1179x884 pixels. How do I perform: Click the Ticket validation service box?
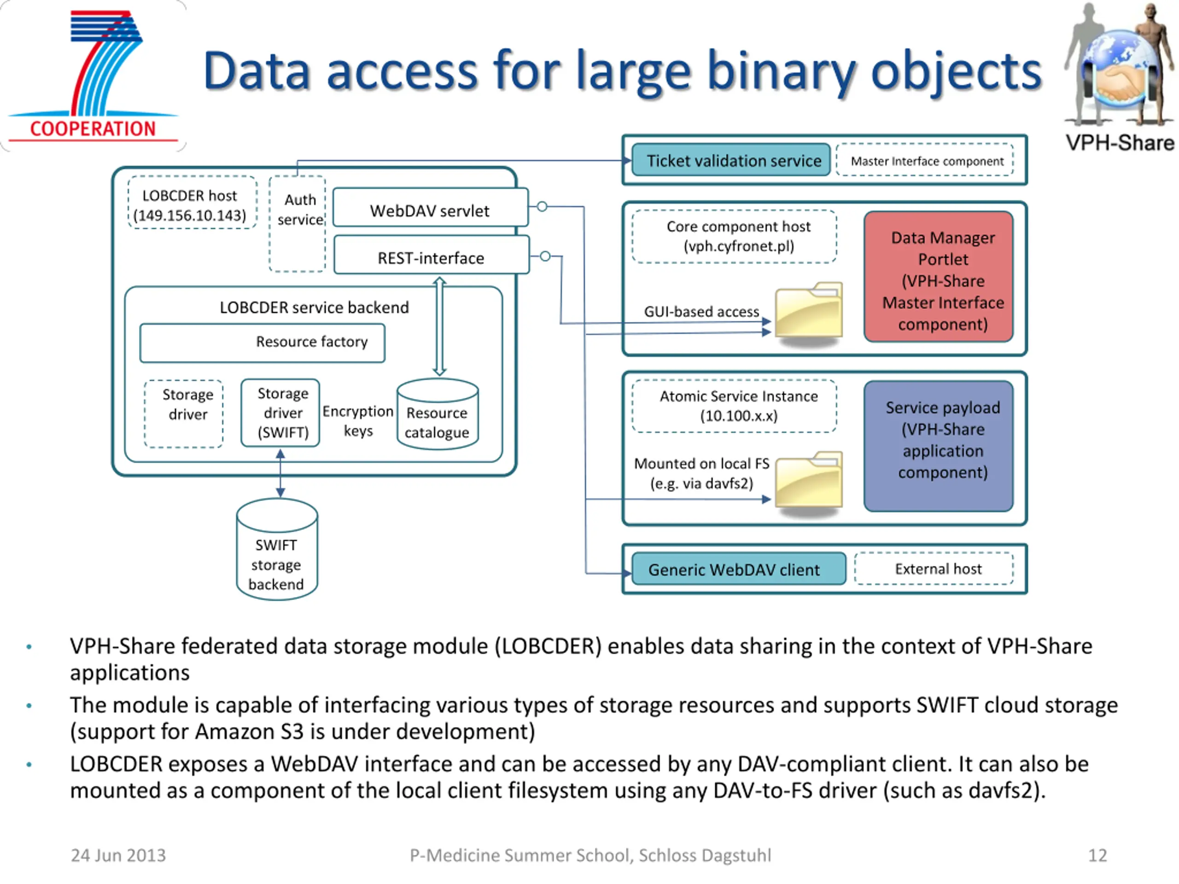731,160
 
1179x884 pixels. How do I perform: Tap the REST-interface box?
432,255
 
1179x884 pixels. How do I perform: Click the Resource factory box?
262,343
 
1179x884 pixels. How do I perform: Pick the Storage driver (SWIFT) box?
280,413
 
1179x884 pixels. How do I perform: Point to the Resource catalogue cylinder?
438,414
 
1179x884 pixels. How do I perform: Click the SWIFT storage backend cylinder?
277,549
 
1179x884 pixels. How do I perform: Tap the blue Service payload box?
939,446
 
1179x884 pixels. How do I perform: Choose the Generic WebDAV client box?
739,569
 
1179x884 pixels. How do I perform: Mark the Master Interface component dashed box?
925,159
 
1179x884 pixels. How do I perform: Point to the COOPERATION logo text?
93,129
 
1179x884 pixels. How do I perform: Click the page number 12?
1097,855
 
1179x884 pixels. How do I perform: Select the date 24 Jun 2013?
118,855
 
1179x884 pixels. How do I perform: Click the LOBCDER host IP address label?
190,215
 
